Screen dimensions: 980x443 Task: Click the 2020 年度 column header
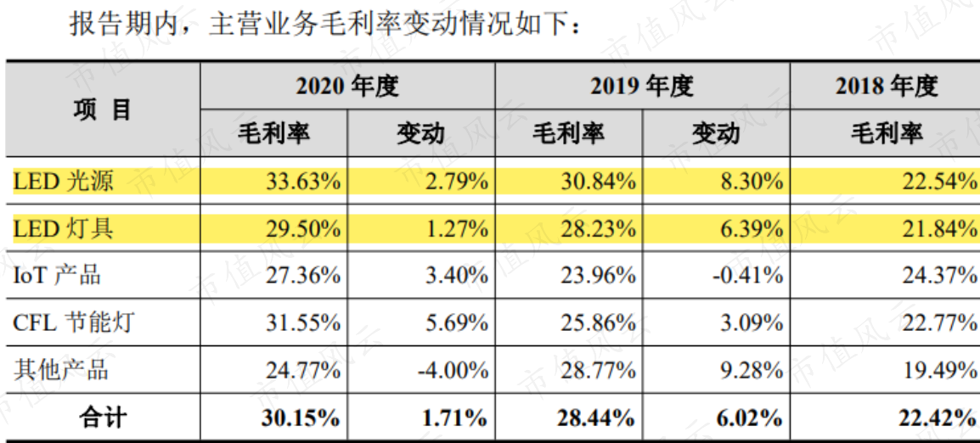[x=346, y=87]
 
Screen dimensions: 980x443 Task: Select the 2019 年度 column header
[x=642, y=87]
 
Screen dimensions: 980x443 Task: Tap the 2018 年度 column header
[x=887, y=87]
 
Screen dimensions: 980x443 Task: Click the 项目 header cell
[x=103, y=110]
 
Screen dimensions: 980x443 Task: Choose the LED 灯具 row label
[x=64, y=229]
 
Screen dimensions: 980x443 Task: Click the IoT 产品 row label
[x=57, y=276]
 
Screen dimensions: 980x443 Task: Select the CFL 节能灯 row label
[x=74, y=323]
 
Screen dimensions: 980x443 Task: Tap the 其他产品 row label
[x=60, y=370]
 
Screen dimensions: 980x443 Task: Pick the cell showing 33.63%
[x=303, y=182]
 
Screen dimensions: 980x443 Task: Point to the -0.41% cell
[x=747, y=276]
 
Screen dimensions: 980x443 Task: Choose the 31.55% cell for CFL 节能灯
[x=303, y=323]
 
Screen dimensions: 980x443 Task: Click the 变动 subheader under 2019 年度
[x=716, y=134]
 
